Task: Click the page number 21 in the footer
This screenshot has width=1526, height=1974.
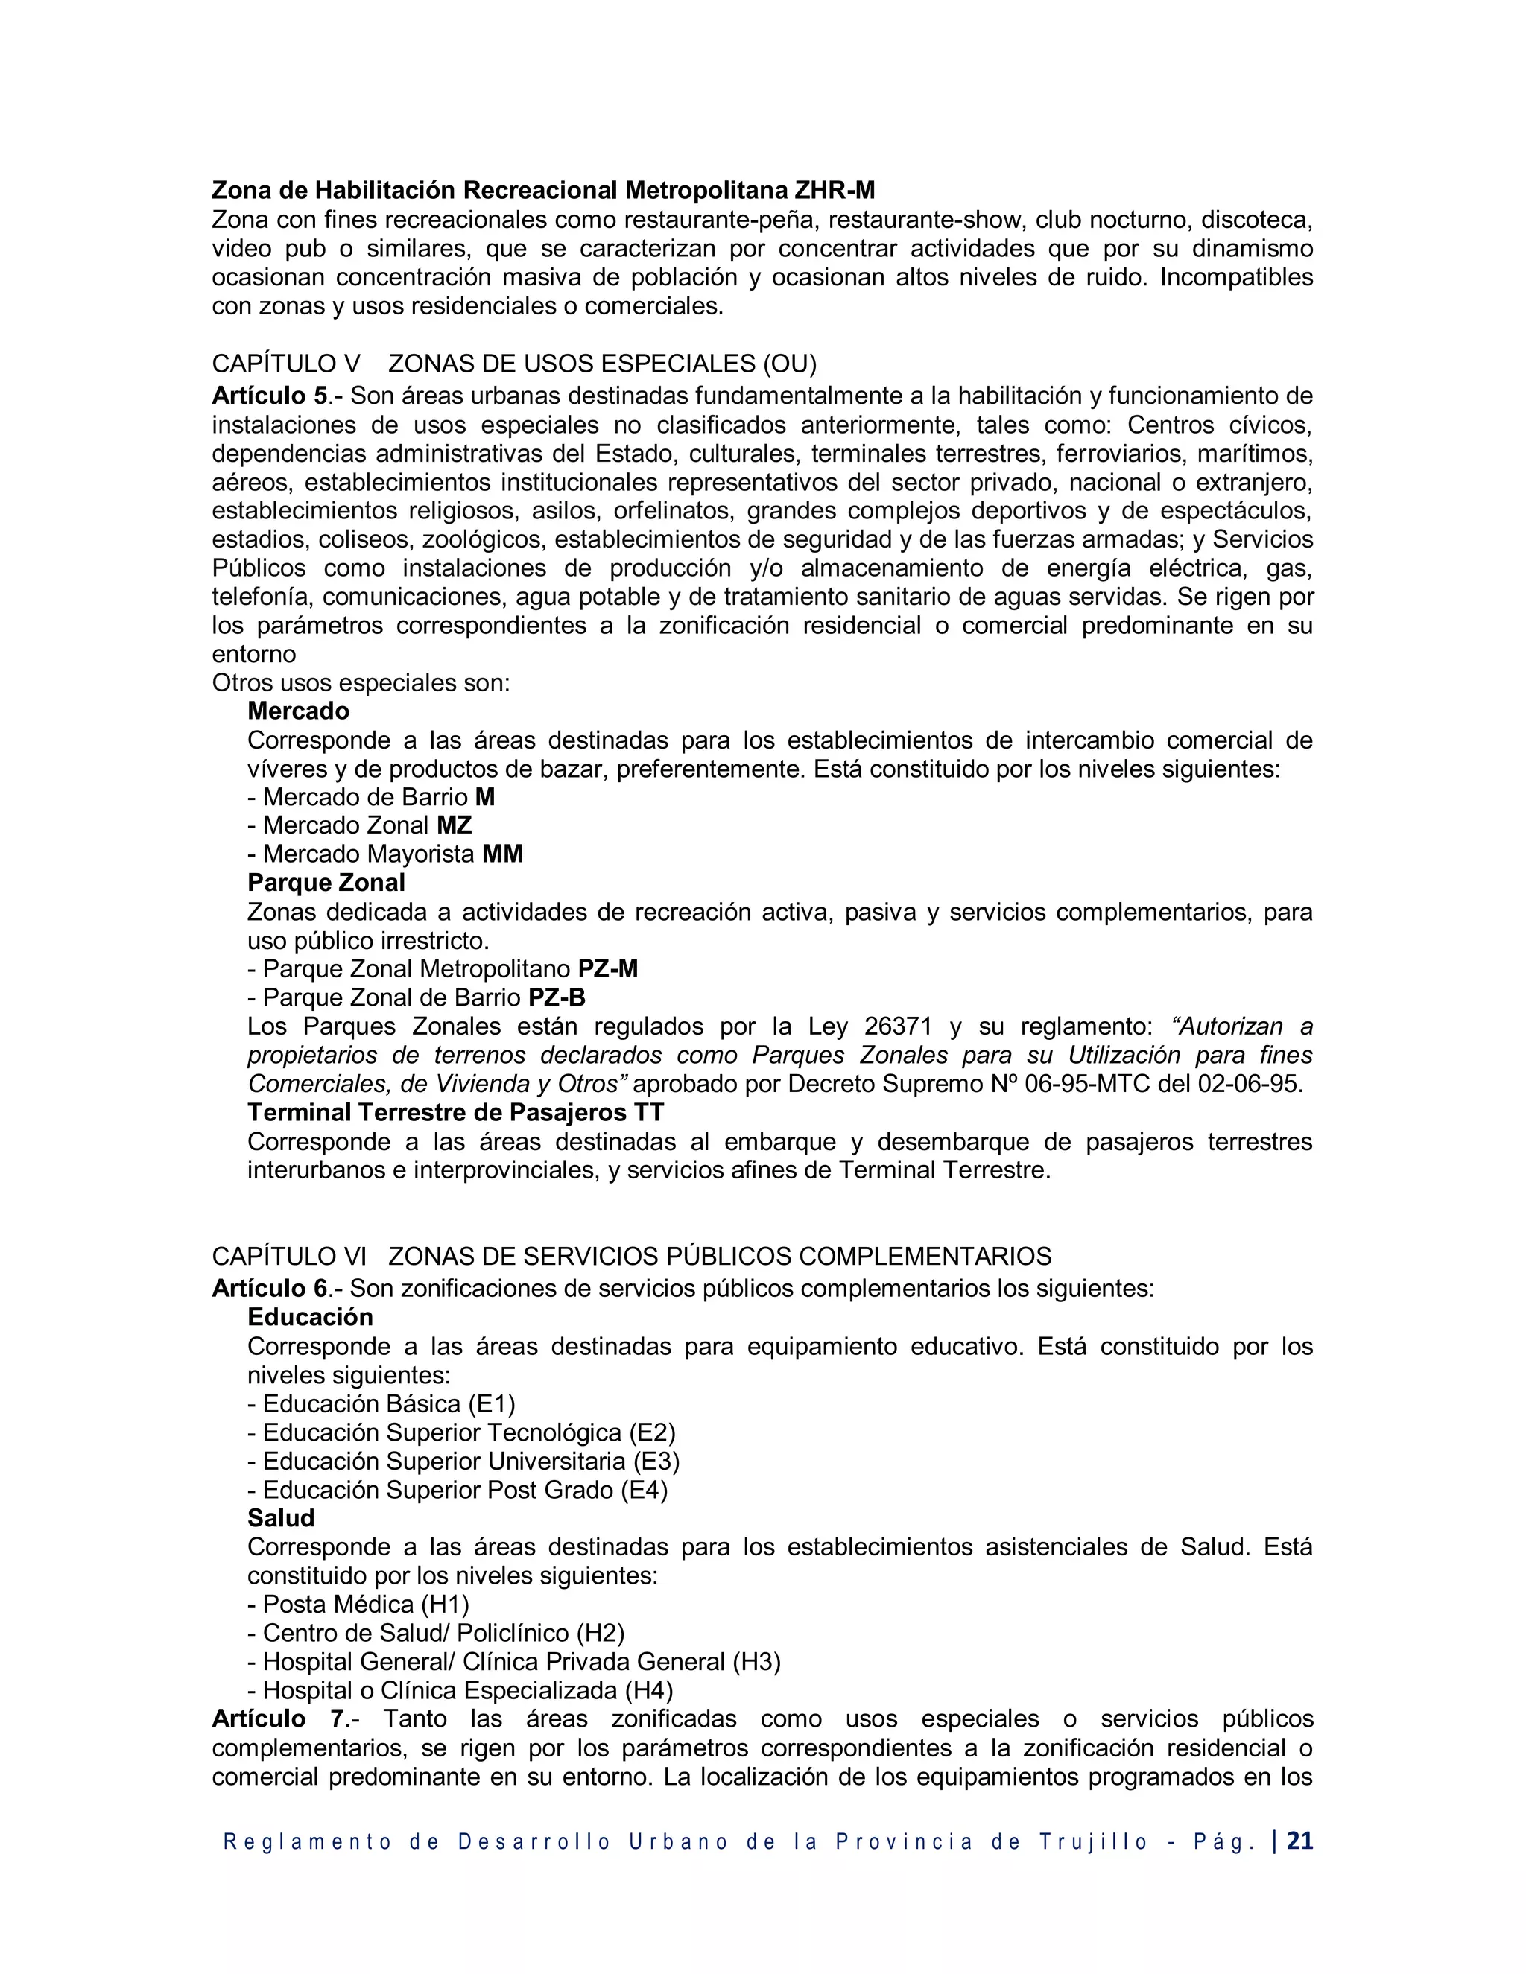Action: coord(1299,1841)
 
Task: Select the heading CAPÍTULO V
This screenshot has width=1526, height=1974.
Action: coord(285,364)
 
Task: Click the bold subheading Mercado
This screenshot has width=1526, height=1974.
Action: coord(298,711)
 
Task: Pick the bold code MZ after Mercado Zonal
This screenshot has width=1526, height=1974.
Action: coord(454,825)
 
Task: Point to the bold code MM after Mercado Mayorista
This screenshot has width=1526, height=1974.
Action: coord(503,854)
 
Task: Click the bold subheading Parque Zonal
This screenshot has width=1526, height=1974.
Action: coord(326,883)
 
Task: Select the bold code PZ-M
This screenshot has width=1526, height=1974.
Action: coord(607,969)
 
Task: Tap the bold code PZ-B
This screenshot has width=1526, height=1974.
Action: coord(557,998)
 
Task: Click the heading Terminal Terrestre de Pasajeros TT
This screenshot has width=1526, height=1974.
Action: coord(455,1113)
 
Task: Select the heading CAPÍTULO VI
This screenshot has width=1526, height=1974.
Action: coord(288,1257)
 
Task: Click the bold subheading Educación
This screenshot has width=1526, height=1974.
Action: coord(310,1317)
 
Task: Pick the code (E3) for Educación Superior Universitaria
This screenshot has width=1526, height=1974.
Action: coord(656,1462)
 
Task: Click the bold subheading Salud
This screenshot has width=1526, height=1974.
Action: coord(281,1518)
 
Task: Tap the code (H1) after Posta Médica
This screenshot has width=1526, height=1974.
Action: coord(445,1605)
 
